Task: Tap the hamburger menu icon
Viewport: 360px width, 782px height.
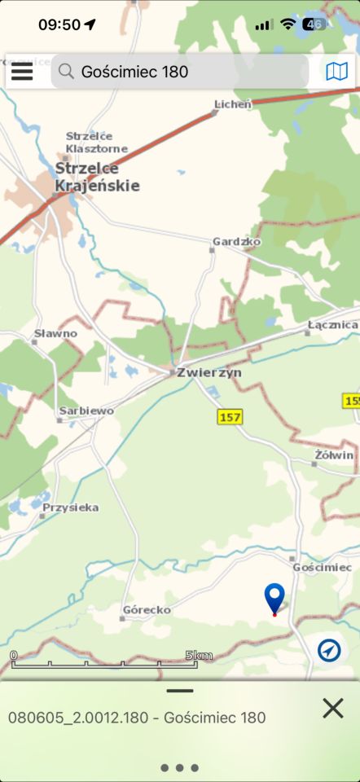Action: [x=22, y=72]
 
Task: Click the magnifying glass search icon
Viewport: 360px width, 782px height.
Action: [x=66, y=72]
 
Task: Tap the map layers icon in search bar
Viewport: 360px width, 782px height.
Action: [x=336, y=72]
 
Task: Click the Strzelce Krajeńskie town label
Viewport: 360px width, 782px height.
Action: [x=96, y=177]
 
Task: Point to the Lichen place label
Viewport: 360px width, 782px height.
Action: [x=233, y=103]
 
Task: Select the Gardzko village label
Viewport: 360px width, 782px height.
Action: [x=235, y=242]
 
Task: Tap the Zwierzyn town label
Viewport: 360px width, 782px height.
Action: [x=209, y=372]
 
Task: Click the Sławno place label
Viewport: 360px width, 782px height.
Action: [x=55, y=333]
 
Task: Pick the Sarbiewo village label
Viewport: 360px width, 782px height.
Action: [x=86, y=411]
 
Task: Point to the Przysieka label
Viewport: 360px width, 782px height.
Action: [x=71, y=507]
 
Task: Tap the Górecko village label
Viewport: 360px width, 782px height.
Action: [x=146, y=609]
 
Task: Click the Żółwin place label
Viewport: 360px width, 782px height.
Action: [x=334, y=455]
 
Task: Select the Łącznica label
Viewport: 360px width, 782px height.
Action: [x=332, y=325]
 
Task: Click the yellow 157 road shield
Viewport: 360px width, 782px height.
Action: [x=230, y=417]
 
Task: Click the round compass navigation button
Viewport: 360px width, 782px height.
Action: [x=329, y=650]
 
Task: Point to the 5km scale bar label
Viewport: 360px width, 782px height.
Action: [x=199, y=655]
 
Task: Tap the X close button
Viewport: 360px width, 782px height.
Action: [x=332, y=708]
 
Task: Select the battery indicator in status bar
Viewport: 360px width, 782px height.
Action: [x=314, y=24]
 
